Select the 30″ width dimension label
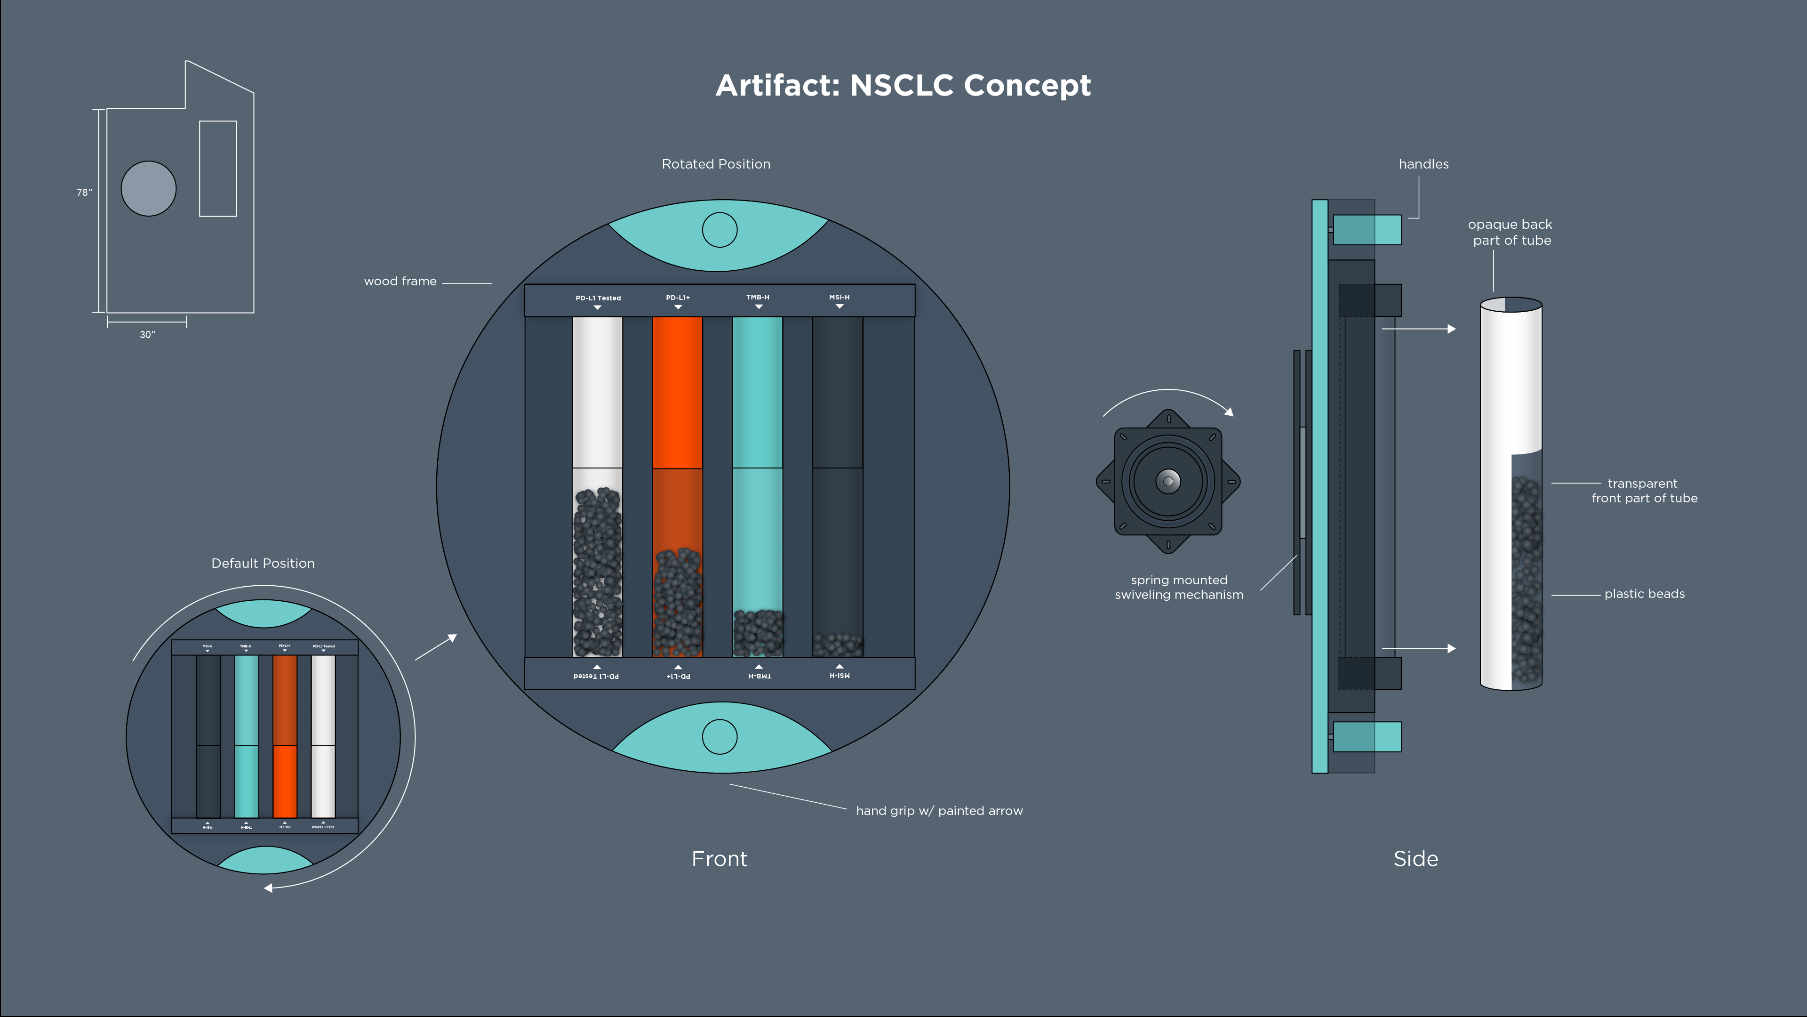pos(147,335)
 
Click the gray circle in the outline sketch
pos(149,189)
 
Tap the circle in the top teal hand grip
pos(720,229)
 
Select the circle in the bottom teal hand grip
pos(720,737)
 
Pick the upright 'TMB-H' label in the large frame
pos(758,298)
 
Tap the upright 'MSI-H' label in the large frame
pos(839,298)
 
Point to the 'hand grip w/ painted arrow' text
pos(939,811)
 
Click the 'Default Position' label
pos(263,564)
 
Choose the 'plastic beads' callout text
pos(1644,594)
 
